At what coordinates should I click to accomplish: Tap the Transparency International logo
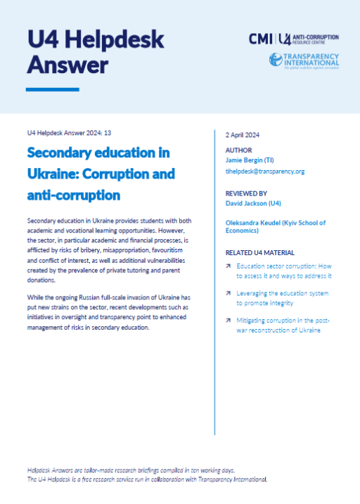pyautogui.click(x=304, y=60)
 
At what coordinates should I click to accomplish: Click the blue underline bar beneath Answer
pyautogui.click(x=52, y=89)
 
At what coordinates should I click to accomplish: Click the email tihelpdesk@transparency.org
pyautogui.click(x=264, y=171)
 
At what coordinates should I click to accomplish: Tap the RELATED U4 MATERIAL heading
pyautogui.click(x=259, y=252)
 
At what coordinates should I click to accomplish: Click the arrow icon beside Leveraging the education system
pyautogui.click(x=229, y=293)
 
